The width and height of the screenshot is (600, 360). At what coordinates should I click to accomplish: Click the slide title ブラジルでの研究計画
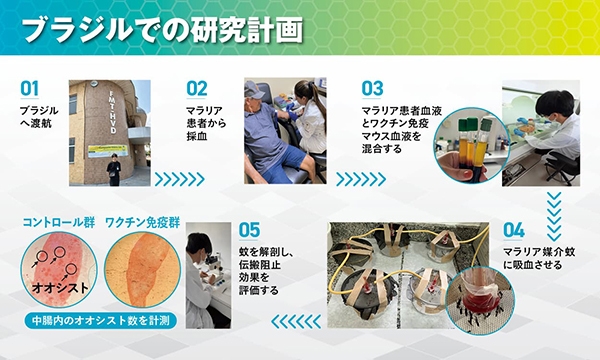pyautogui.click(x=161, y=29)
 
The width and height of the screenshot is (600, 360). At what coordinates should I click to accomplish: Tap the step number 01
pyautogui.click(x=30, y=88)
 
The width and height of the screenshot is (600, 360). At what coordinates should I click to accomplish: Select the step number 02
pyautogui.click(x=196, y=88)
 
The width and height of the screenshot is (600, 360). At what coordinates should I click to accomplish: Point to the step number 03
pyautogui.click(x=372, y=88)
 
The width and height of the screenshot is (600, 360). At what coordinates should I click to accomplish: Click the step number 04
pyautogui.click(x=514, y=229)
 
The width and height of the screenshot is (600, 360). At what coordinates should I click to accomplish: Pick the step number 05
pyautogui.click(x=249, y=229)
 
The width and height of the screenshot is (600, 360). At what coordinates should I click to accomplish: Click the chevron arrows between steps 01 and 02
pyautogui.click(x=179, y=179)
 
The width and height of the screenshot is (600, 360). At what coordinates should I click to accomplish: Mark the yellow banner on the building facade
pyautogui.click(x=107, y=150)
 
